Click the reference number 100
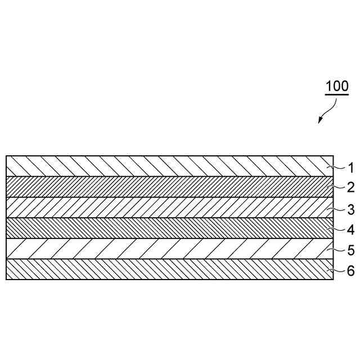(x=337, y=87)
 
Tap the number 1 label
(x=350, y=168)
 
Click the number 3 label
(x=350, y=210)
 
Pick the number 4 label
(x=350, y=229)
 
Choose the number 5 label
(x=350, y=250)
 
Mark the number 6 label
(x=350, y=271)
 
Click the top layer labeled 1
(x=169, y=166)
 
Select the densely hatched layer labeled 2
(x=169, y=187)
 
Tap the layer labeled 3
(x=169, y=208)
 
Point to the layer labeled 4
(x=169, y=228)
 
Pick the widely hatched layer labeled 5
(x=169, y=249)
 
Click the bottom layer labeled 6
(x=169, y=269)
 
